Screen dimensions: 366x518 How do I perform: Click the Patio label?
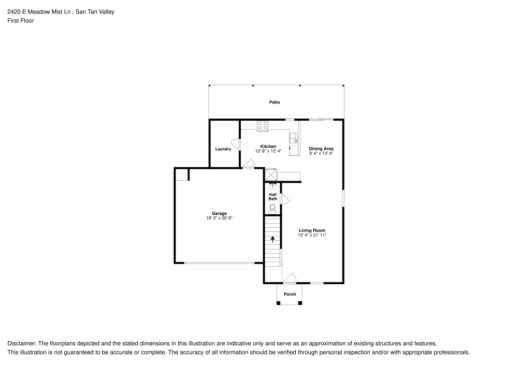tap(275, 103)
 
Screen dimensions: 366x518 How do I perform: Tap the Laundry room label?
tap(223, 149)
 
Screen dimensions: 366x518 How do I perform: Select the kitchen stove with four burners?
tap(263, 125)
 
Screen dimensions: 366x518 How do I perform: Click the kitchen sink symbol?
tap(295, 138)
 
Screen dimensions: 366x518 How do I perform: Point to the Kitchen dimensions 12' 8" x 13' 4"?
tap(268, 152)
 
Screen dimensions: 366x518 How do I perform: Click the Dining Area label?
tap(321, 149)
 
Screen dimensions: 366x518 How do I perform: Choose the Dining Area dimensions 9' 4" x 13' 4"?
tap(321, 153)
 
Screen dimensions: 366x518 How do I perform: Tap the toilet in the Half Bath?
tap(272, 208)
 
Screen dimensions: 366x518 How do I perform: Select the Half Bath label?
tap(272, 197)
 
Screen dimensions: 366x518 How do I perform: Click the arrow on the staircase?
tap(272, 239)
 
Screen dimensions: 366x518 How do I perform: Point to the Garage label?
tap(219, 214)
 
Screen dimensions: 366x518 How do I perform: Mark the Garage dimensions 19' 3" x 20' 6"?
tap(219, 218)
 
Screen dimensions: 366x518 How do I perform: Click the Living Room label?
tap(312, 230)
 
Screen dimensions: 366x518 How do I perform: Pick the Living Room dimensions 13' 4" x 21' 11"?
tap(312, 235)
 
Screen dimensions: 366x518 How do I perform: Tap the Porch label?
tap(290, 295)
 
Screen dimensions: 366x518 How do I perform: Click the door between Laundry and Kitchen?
tap(236, 145)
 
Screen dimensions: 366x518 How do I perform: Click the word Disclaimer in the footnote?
tap(21, 344)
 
